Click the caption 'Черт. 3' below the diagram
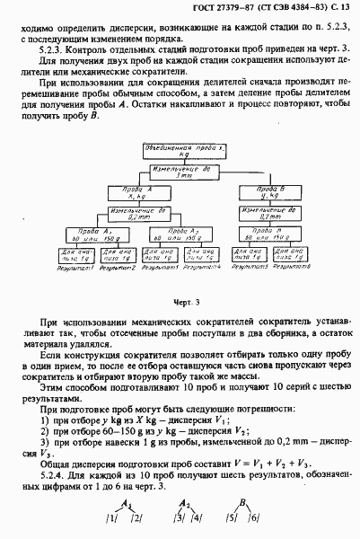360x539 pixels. click(180, 305)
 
